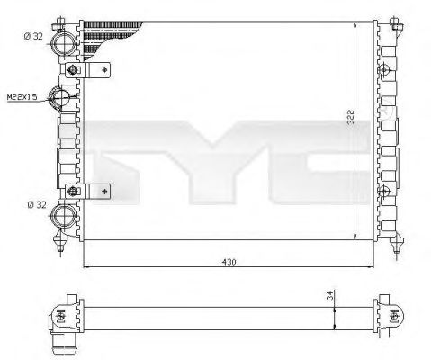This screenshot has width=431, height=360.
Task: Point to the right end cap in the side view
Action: pos(393,314)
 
